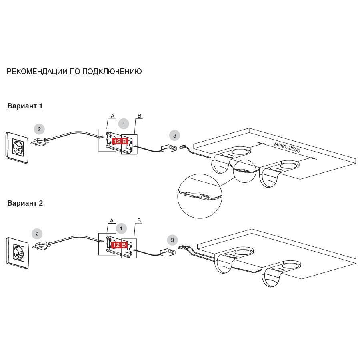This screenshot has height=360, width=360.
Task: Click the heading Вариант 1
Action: point(25,106)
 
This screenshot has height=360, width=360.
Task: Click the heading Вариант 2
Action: point(25,203)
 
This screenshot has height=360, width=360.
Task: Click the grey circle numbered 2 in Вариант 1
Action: point(39,129)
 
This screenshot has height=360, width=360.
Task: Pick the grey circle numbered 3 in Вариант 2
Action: point(172,240)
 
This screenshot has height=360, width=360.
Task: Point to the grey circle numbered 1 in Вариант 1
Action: point(124,124)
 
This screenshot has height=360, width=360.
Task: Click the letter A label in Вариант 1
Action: point(112,116)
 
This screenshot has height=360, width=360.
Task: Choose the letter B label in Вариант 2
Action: point(139,220)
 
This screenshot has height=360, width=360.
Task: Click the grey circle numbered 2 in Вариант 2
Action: point(37,234)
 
